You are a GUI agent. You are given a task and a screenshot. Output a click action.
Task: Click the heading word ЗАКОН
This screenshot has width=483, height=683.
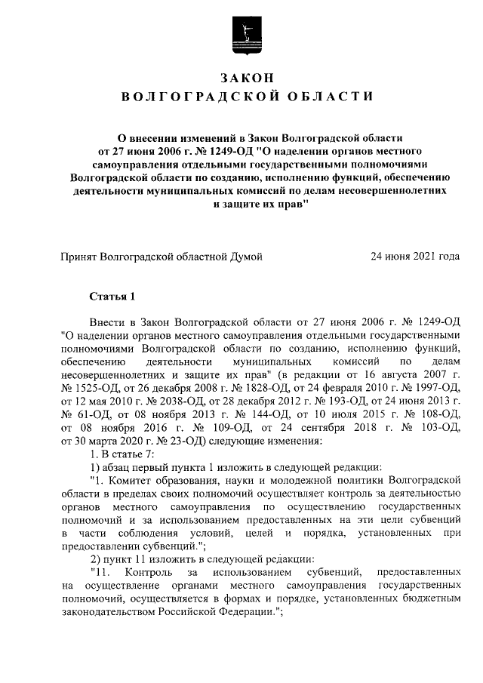[246, 78]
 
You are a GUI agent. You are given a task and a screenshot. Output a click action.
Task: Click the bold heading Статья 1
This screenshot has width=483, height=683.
[112, 296]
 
